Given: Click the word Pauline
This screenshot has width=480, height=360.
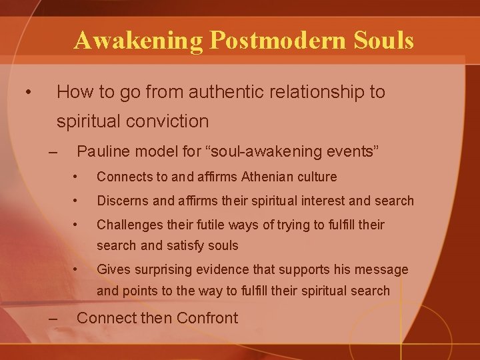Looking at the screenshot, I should [105, 152].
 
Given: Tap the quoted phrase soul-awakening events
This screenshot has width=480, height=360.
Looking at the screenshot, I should [297, 152].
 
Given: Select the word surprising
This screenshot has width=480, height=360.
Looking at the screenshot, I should [166, 269].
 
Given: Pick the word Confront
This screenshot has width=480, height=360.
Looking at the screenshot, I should [208, 318].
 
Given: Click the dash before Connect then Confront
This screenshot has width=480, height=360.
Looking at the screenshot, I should [53, 318].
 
